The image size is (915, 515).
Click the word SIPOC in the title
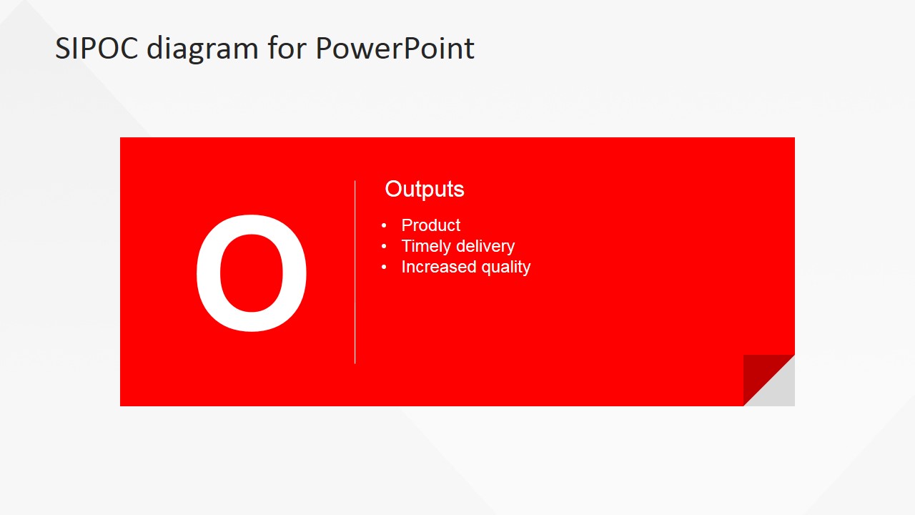[97, 48]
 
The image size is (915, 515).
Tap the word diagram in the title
[202, 50]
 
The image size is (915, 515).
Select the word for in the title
[287, 47]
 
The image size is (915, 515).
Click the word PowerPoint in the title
[395, 48]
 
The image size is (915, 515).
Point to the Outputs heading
[425, 190]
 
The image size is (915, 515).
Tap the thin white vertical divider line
[355, 272]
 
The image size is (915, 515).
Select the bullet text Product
[430, 225]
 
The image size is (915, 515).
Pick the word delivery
[485, 247]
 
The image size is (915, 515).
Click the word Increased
[439, 267]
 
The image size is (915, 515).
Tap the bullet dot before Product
[384, 225]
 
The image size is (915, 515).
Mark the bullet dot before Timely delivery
[384, 246]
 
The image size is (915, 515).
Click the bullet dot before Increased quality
[384, 267]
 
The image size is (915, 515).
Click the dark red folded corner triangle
[760, 371]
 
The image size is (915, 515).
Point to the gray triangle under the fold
[778, 390]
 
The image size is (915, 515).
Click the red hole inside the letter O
[252, 273]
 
